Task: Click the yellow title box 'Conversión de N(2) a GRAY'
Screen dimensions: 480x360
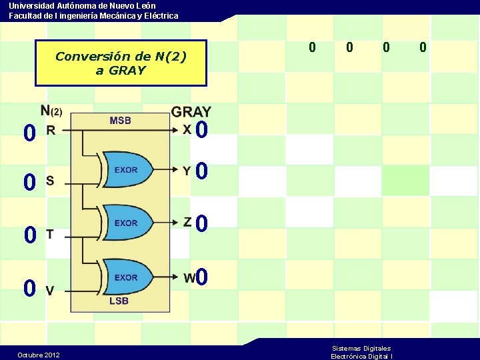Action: coord(121,63)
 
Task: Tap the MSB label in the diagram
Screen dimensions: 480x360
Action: coord(120,121)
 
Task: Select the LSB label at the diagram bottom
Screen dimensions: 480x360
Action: coord(119,301)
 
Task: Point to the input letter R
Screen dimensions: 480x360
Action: coord(51,131)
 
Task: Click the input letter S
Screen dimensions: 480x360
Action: coord(50,181)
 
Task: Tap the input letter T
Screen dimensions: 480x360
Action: coord(50,234)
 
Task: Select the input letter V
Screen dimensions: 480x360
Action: coord(50,290)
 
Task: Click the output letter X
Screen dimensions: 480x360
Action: coord(188,131)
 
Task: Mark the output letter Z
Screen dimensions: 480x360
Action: coord(188,222)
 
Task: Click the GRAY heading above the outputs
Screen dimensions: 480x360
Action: coord(191,112)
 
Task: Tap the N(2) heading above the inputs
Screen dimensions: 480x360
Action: coord(51,111)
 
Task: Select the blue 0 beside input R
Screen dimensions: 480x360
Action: coord(29,134)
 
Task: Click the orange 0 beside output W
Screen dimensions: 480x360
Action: coord(202,277)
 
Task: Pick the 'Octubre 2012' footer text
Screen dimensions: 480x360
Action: coord(38,355)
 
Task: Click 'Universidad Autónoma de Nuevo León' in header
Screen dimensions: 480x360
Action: coord(82,5)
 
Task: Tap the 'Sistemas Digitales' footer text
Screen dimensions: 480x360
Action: coord(361,348)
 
